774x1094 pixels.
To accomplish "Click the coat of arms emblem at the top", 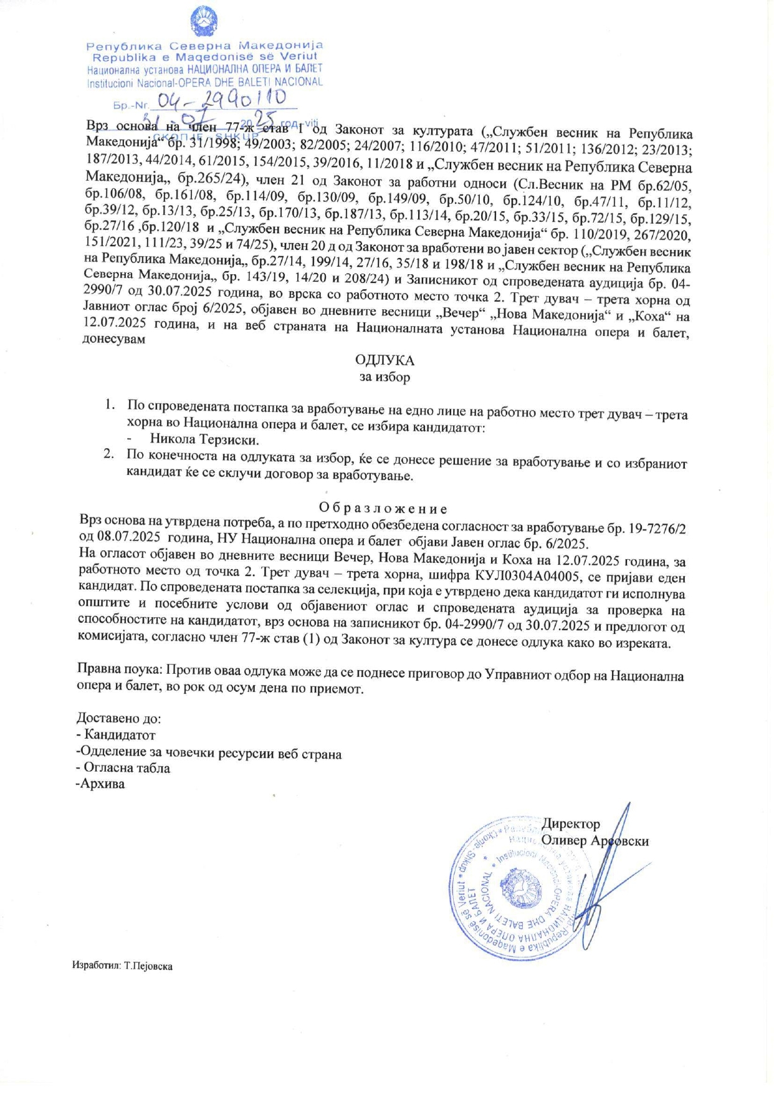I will click(204, 22).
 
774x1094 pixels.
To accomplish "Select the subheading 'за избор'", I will click(385, 377).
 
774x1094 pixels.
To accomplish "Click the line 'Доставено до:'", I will click(118, 719).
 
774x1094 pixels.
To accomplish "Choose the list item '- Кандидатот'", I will click(115, 735).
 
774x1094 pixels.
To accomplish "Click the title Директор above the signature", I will click(570, 824).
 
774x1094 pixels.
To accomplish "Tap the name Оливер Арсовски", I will click(595, 841).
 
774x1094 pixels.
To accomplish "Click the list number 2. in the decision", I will click(109, 455).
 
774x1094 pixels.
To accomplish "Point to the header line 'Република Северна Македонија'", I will click(204, 46).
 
